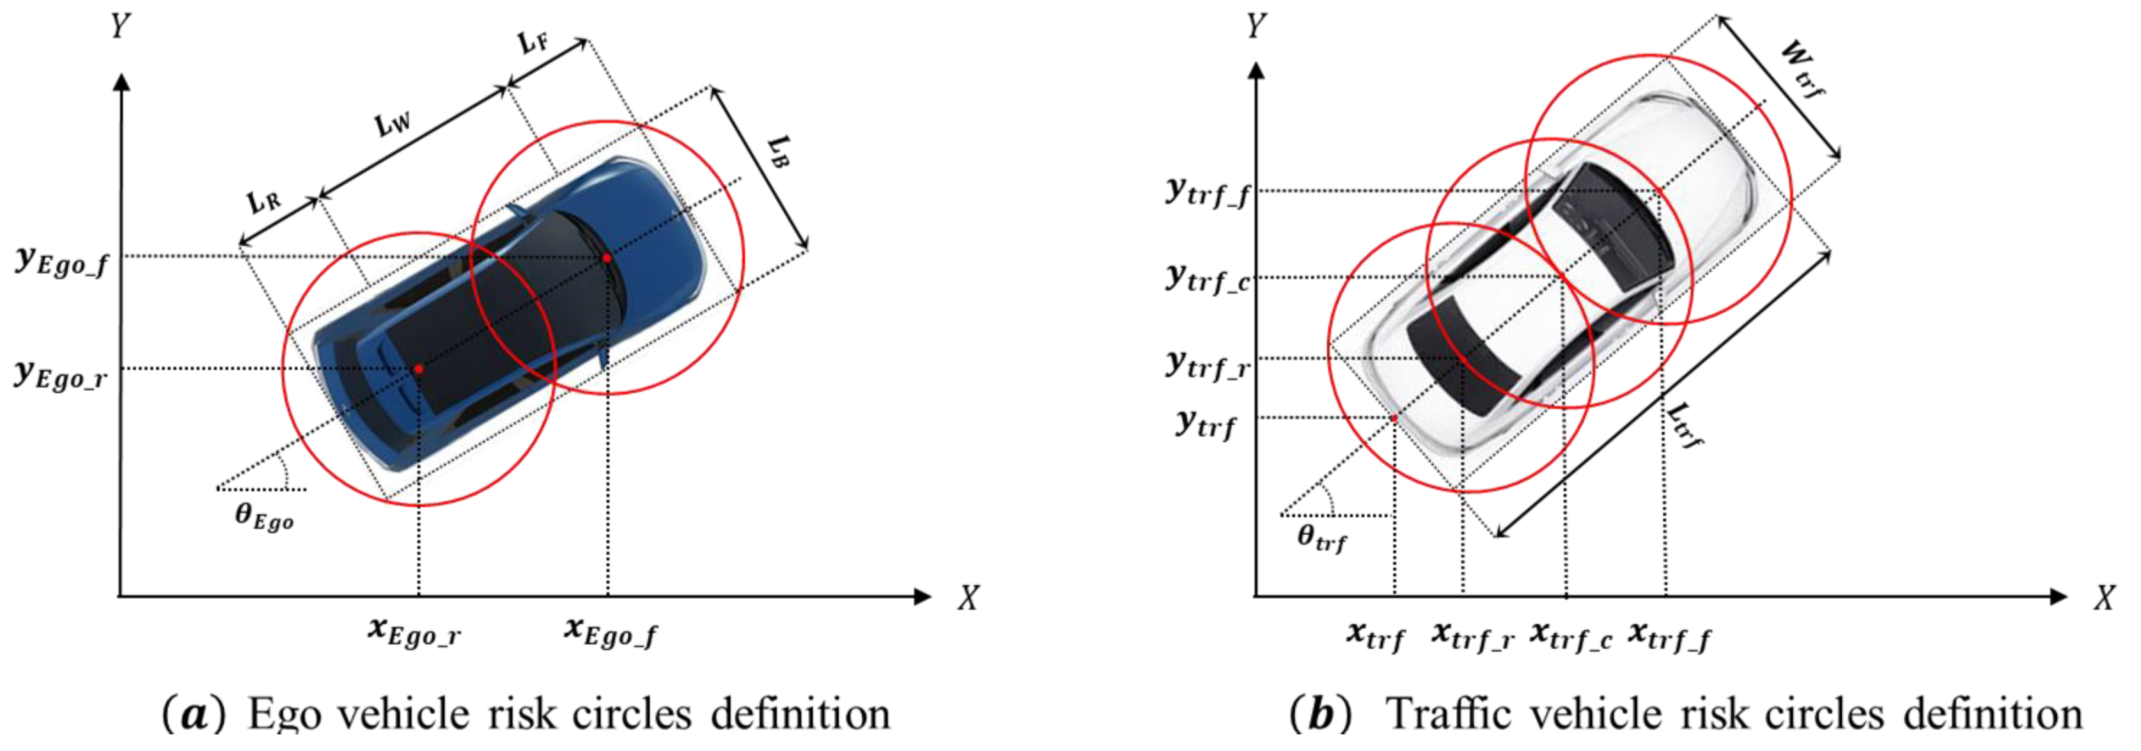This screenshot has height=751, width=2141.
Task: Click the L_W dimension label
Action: [393, 124]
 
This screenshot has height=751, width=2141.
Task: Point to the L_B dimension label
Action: [777, 152]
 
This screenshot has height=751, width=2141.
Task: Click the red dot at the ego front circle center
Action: [607, 258]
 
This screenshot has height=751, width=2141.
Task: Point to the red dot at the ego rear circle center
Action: [419, 368]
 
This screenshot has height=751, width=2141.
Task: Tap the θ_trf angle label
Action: [1321, 538]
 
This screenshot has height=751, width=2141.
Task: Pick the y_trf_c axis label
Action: [1208, 278]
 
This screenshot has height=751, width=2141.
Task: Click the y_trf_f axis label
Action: [1208, 193]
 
